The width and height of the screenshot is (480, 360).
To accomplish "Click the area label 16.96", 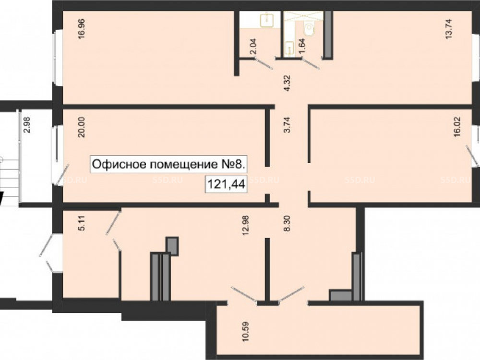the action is click(82, 29).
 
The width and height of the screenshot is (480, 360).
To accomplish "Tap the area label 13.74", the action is click(448, 29).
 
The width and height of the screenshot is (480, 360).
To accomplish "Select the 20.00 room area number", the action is click(82, 127).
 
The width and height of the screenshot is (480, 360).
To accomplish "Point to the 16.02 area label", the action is click(457, 127).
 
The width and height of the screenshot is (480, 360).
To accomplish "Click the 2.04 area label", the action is click(253, 46).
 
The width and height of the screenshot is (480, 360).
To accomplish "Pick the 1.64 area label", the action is click(302, 46).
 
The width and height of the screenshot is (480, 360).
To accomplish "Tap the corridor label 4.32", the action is click(287, 83).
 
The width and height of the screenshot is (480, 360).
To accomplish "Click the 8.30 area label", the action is click(287, 224).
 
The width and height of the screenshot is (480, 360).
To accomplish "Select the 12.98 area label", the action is click(245, 225).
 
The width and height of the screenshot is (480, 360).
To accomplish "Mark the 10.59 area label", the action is click(245, 331).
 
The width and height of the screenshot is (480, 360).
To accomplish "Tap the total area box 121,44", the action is click(226, 184).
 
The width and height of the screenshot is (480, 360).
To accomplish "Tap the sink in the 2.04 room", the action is click(267, 20).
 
